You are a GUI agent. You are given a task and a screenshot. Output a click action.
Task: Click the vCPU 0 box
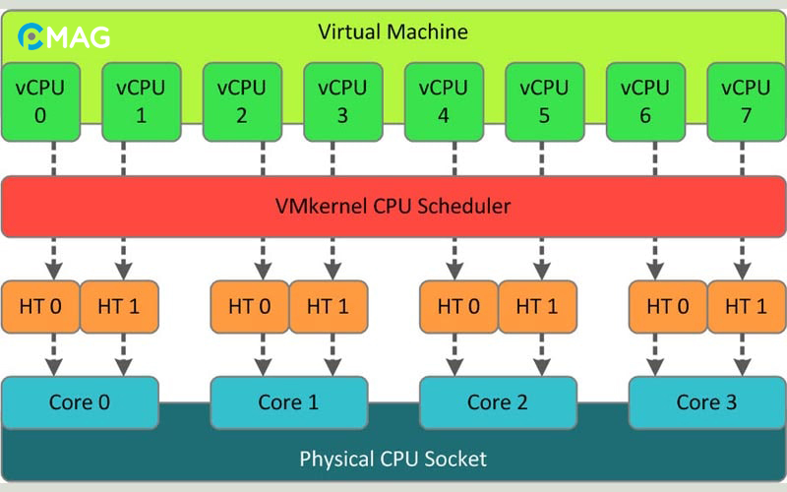click(40, 101)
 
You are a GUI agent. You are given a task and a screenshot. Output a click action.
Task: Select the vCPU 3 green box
click(342, 101)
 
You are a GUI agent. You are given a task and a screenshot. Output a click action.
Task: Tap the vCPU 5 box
click(544, 101)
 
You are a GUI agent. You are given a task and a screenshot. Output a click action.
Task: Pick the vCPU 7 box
click(746, 101)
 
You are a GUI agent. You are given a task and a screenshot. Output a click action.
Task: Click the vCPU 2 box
click(242, 101)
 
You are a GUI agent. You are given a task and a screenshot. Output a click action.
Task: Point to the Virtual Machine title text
click(393, 32)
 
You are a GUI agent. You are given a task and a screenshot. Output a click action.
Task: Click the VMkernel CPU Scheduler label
click(393, 207)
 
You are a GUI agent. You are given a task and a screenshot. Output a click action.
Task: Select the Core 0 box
click(80, 402)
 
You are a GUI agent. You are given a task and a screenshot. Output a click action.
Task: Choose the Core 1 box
click(289, 402)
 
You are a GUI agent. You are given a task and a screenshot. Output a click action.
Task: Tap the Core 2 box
click(498, 402)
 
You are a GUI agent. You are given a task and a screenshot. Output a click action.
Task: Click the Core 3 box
click(706, 402)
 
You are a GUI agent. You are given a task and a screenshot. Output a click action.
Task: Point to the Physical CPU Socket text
click(393, 459)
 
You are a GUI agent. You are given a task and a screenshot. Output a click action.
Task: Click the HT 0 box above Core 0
click(40, 306)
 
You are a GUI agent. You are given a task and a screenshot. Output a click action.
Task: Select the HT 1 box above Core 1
click(328, 306)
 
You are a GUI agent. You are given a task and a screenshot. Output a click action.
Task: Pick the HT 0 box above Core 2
click(458, 306)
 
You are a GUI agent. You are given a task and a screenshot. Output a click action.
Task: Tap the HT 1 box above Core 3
click(746, 306)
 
